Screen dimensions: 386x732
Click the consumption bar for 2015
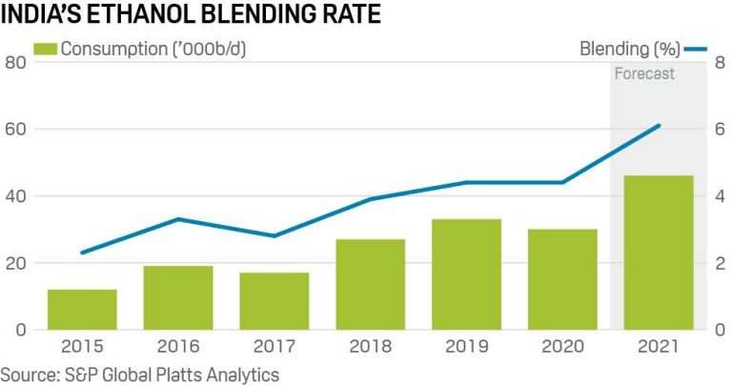click(82, 310)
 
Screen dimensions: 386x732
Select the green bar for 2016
click(178, 297)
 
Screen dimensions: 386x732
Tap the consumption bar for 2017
click(274, 301)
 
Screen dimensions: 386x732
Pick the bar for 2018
click(370, 284)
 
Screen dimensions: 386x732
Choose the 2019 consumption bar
click(466, 274)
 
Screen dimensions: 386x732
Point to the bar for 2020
click(561, 279)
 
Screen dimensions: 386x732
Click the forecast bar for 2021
click(658, 253)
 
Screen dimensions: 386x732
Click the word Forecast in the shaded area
click(644, 73)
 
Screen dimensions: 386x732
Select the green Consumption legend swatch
click(46, 49)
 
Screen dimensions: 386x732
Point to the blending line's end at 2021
click(660, 125)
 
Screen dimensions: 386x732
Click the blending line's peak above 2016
click(178, 219)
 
